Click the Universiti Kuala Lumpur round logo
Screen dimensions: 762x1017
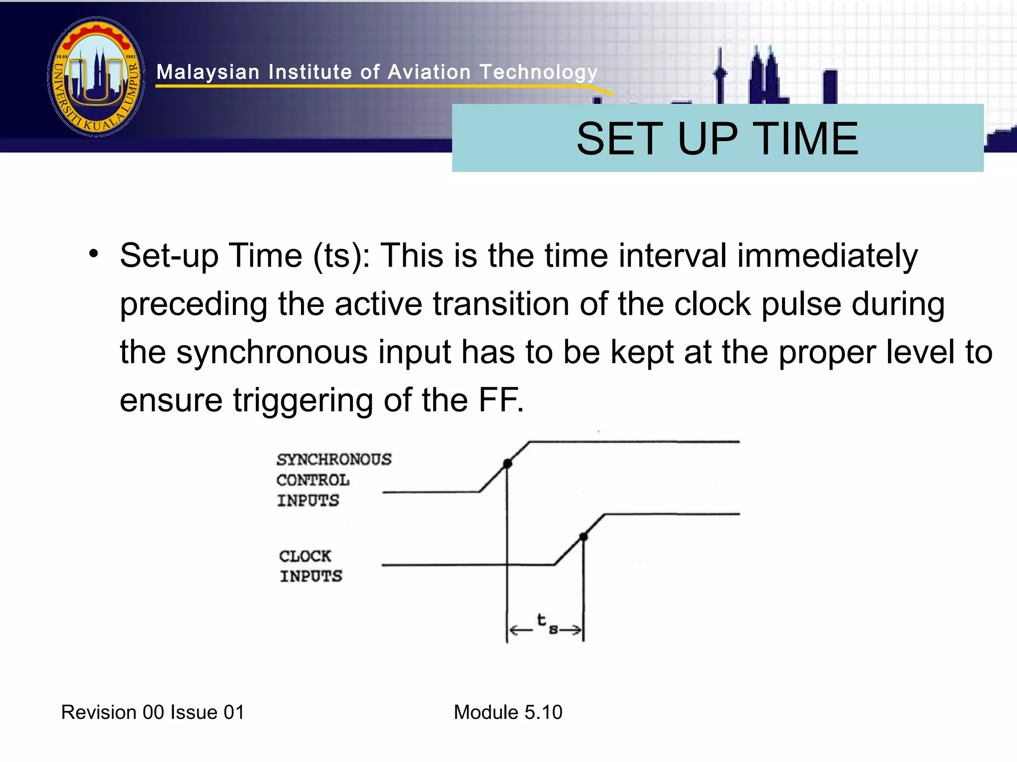96,77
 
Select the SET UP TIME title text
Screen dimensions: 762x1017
717,139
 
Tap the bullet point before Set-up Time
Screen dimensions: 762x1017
94,254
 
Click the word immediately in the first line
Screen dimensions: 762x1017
827,256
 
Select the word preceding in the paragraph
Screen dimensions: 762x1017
194,305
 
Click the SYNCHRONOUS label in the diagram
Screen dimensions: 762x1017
334,459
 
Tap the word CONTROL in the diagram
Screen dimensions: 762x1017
313,480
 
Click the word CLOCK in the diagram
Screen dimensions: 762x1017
305,556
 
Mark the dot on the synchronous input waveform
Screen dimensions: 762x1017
507,463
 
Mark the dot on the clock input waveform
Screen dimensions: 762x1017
584,536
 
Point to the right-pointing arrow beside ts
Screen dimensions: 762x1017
571,630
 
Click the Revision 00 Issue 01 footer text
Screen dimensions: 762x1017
152,712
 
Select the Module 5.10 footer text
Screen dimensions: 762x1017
508,712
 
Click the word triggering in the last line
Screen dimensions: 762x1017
303,400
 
